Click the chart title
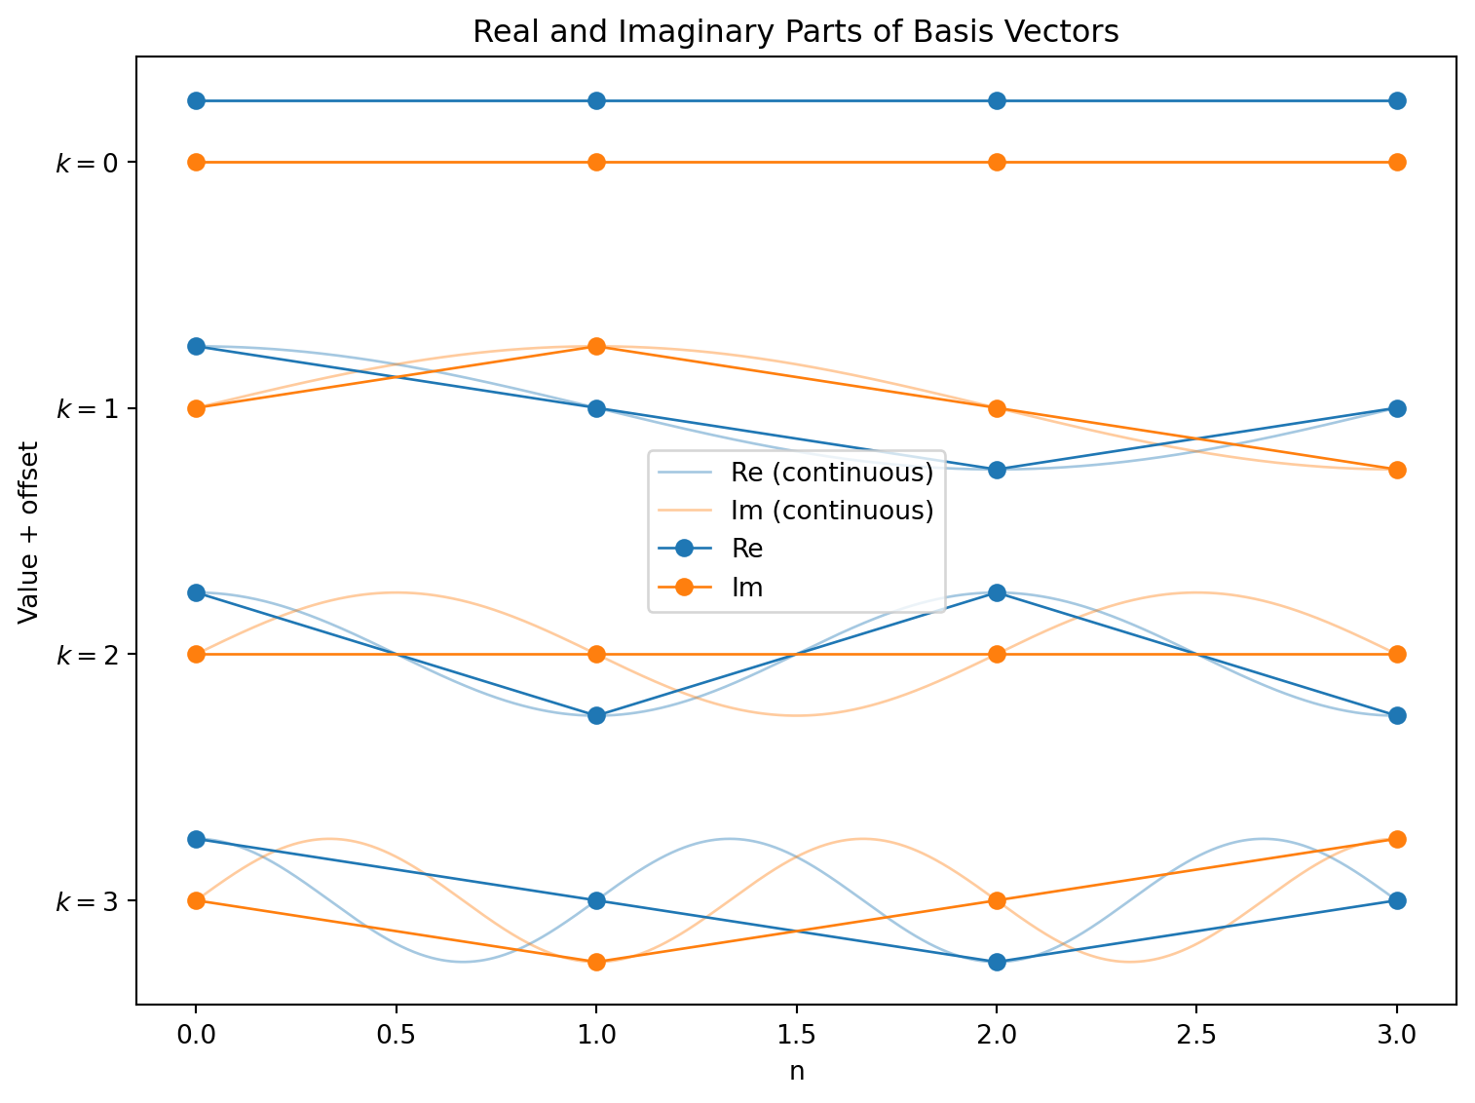[795, 32]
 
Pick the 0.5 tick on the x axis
[397, 1036]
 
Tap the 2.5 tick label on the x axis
[1196, 1036]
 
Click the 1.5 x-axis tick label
[797, 1036]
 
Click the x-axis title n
[797, 1071]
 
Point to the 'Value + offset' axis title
[28, 532]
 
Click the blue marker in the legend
[684, 549]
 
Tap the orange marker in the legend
[684, 588]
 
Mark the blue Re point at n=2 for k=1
[997, 470]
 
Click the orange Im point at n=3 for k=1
[1397, 470]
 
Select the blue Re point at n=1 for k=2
[596, 715]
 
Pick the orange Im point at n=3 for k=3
[1397, 839]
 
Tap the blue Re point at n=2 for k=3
[997, 962]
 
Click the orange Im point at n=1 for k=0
[596, 162]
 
